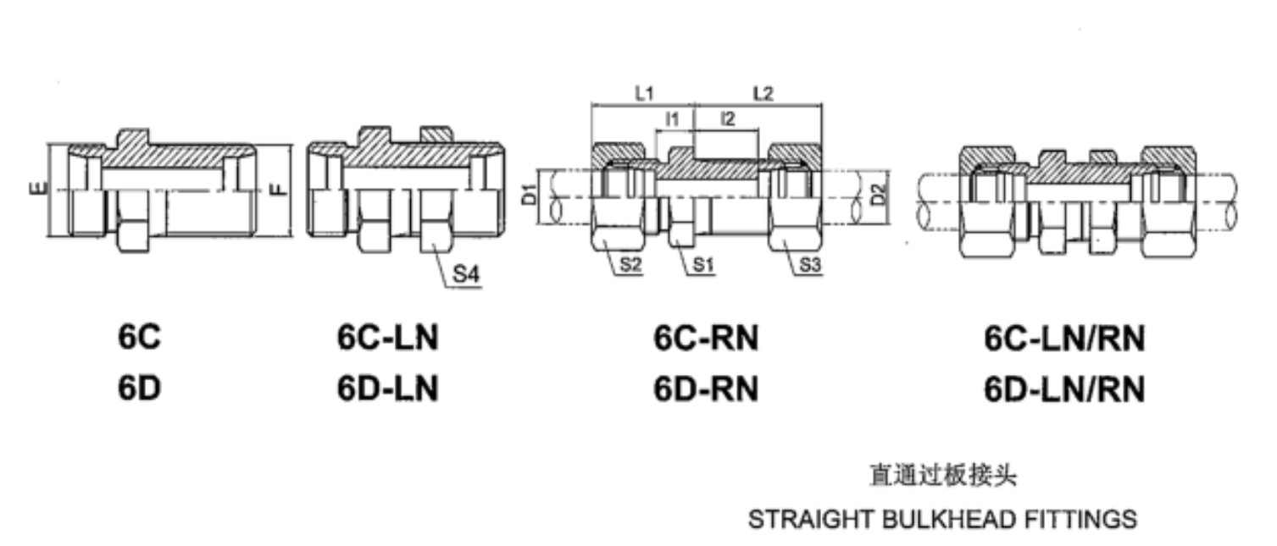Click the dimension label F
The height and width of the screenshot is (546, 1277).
pos(280,189)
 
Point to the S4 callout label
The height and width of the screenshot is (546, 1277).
pos(466,274)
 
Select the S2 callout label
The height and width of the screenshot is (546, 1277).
pos(630,265)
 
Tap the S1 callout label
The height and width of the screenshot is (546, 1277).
pos(703,265)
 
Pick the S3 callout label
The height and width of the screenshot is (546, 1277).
pos(809,265)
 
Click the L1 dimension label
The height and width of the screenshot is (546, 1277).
pos(644,93)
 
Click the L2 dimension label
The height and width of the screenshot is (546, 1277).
pos(763,93)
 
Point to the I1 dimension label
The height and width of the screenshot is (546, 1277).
pos(673,119)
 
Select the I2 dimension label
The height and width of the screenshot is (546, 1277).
pos(728,119)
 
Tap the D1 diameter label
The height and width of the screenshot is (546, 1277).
pos(530,194)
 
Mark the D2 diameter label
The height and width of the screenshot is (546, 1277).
pos(880,194)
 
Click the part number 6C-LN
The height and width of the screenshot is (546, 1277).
pos(387,338)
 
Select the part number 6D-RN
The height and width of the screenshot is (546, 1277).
pos(706,389)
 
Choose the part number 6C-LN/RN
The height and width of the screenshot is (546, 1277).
pos(1064,339)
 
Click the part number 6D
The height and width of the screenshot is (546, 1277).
pos(140,389)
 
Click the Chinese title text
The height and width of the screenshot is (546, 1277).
pos(943,476)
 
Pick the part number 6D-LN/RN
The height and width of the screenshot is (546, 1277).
pos(1064,390)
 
